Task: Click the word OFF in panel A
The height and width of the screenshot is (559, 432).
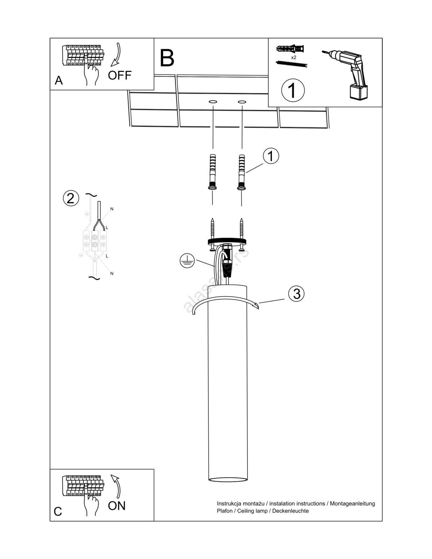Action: coord(120,75)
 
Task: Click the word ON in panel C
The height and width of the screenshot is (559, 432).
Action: coord(116,506)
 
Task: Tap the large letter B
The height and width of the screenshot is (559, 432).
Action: coord(167,58)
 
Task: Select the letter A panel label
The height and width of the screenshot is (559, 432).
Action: coord(59,80)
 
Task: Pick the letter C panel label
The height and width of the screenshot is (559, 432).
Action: coord(58,511)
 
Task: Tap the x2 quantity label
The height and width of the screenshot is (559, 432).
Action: coord(294,57)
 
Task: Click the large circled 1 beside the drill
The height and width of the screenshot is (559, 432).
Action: coord(293,90)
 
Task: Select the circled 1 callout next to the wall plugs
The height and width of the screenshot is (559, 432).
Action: coord(271,156)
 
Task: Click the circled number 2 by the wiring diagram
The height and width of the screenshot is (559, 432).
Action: coord(71,198)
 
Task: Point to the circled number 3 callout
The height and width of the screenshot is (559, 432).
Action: coord(296,294)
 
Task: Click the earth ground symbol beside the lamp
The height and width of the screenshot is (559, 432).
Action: coord(187,261)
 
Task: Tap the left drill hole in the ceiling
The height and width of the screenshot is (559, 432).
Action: coord(213,102)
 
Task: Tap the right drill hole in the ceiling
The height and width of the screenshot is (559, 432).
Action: coord(242,102)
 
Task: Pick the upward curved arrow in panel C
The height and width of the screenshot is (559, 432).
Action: coord(116,486)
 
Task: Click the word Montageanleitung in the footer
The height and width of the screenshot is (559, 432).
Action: coord(352,503)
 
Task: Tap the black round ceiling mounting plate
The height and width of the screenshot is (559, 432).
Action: coord(227,241)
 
